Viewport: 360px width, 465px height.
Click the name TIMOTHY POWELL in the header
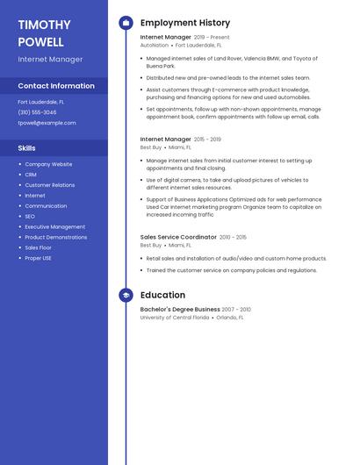pos(40,33)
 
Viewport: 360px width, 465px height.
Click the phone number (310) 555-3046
pos(37,112)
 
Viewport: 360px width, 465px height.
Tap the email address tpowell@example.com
pos(47,123)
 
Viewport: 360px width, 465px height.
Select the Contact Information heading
pos(56,86)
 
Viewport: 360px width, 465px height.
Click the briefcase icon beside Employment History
pos(126,23)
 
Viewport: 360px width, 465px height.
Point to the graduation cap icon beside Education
pos(126,296)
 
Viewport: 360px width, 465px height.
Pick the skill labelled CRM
pos(31,175)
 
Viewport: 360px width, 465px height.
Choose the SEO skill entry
pos(30,217)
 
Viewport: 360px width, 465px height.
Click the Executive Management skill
pos(54,227)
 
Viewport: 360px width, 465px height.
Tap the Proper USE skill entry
pos(38,258)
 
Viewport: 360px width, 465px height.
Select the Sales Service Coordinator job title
pos(178,237)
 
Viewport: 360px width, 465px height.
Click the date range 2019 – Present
pos(212,38)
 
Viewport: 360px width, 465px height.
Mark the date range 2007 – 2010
pos(236,310)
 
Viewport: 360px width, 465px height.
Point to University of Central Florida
pos(175,318)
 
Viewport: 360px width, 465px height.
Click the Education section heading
pos(162,296)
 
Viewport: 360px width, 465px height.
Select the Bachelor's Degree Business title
pos(180,310)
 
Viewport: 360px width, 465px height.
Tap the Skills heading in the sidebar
pos(26,148)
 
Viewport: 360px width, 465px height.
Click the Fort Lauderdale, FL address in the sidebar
pos(40,102)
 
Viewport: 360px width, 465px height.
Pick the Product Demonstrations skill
pos(55,237)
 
